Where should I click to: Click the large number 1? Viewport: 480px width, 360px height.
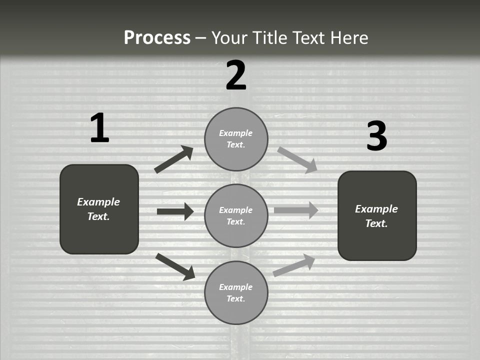coord(99,128)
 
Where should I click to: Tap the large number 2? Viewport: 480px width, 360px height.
coord(236,75)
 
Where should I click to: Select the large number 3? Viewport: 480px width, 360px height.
coord(376,136)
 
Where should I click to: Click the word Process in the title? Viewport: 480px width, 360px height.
coord(157,37)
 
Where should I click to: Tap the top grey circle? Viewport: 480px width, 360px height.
coord(236,138)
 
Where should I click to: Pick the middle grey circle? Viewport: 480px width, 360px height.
coord(236,215)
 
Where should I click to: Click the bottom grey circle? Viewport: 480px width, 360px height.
coord(236,292)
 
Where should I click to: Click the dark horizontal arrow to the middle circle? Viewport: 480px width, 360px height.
coord(175,211)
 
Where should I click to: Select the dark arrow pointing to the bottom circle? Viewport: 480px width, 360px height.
coord(175,266)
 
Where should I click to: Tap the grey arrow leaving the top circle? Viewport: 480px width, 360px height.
coord(297,159)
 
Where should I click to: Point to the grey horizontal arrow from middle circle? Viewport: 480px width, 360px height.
coord(296,210)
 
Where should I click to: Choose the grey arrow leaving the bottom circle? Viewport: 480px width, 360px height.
coord(294,265)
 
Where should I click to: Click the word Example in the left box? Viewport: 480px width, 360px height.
coord(98,202)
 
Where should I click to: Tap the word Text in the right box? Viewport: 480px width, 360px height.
coord(376,223)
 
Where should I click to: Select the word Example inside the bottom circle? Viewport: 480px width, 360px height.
coord(236,287)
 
